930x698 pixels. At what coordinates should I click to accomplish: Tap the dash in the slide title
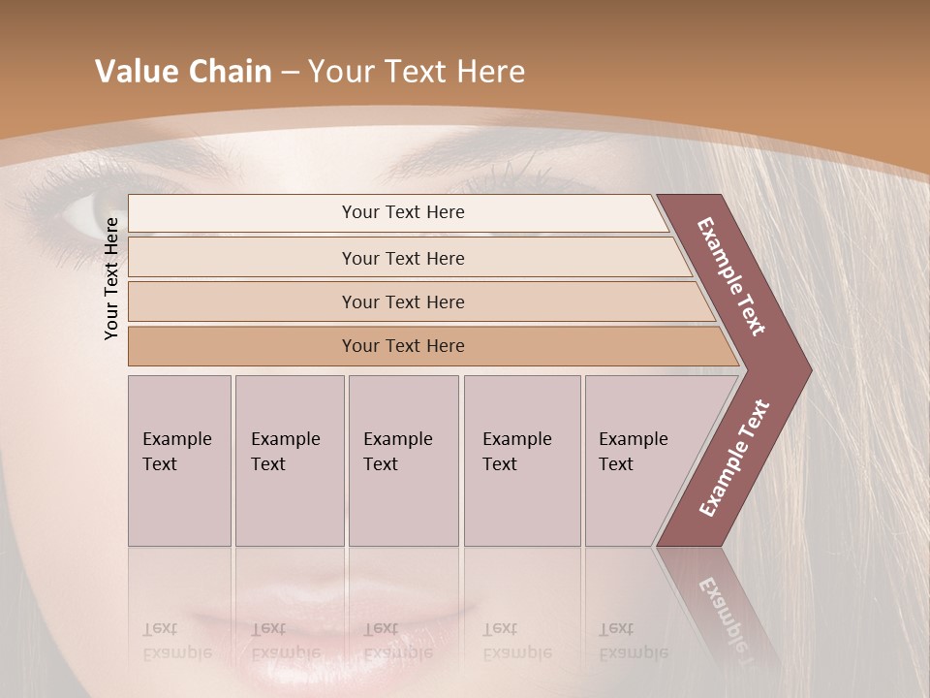(290, 73)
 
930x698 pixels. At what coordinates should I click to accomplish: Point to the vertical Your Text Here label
(111, 278)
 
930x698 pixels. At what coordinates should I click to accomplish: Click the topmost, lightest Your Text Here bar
(402, 212)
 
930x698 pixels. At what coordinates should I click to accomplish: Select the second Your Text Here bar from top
(402, 258)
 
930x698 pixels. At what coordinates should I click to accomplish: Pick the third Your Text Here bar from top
(402, 301)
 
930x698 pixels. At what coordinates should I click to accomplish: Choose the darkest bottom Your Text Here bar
(402, 346)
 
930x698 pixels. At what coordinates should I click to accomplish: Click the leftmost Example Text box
(179, 460)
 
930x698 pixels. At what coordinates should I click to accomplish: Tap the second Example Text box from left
(289, 460)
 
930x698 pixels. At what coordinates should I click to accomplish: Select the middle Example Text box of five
(402, 460)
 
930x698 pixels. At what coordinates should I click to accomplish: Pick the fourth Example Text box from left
(521, 460)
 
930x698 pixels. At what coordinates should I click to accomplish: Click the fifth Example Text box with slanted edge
(639, 460)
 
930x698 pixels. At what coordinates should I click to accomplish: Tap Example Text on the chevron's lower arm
(734, 458)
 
